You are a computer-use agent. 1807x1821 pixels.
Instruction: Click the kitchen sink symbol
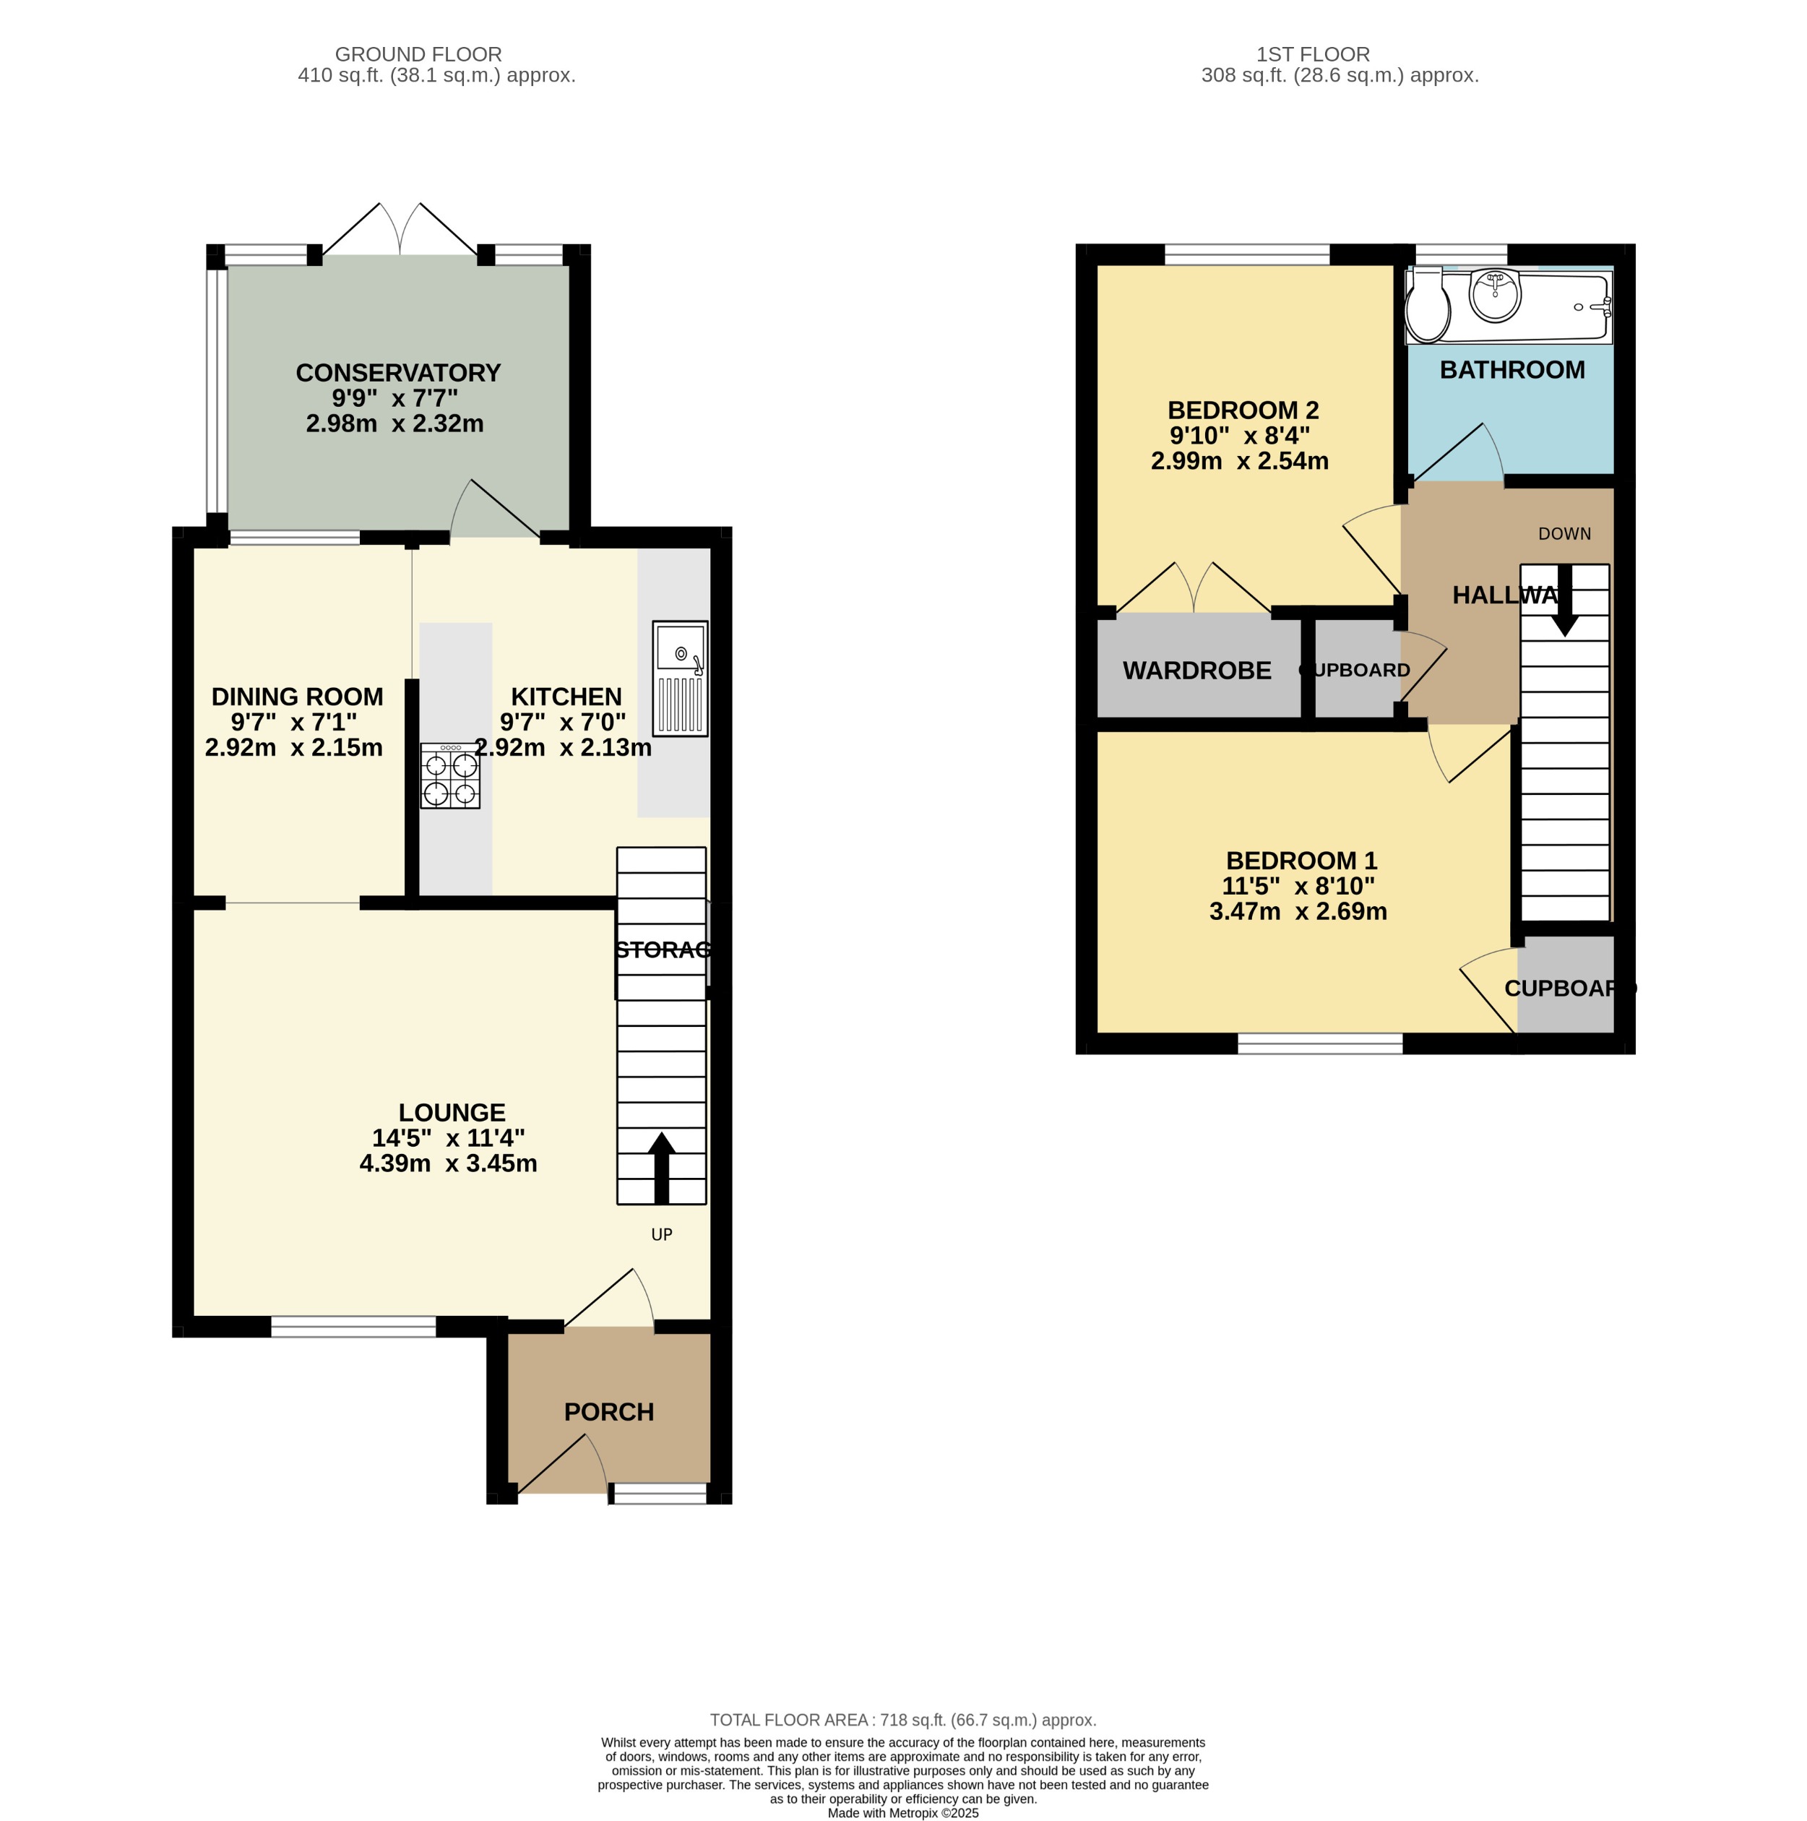[x=680, y=678]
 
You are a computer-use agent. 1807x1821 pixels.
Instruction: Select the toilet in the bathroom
[x=1427, y=306]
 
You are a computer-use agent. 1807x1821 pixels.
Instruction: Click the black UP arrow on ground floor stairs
[x=661, y=1168]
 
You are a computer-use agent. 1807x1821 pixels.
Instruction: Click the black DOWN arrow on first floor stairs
[x=1565, y=601]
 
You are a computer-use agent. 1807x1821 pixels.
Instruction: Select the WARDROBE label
[x=1196, y=671]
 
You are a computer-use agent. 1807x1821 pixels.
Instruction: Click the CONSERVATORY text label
[x=398, y=374]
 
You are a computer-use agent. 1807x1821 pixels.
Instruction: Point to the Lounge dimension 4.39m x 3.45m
[x=448, y=1164]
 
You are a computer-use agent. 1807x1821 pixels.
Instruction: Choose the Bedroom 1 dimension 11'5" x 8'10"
[x=1298, y=886]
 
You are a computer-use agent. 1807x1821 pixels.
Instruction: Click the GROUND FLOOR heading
[x=418, y=55]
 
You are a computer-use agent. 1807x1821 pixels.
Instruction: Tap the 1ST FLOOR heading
[x=1312, y=55]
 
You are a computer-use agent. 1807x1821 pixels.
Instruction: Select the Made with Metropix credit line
[x=902, y=1812]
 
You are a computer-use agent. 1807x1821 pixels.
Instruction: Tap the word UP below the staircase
[x=661, y=1235]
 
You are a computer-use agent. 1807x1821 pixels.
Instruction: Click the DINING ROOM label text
[x=297, y=697]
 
